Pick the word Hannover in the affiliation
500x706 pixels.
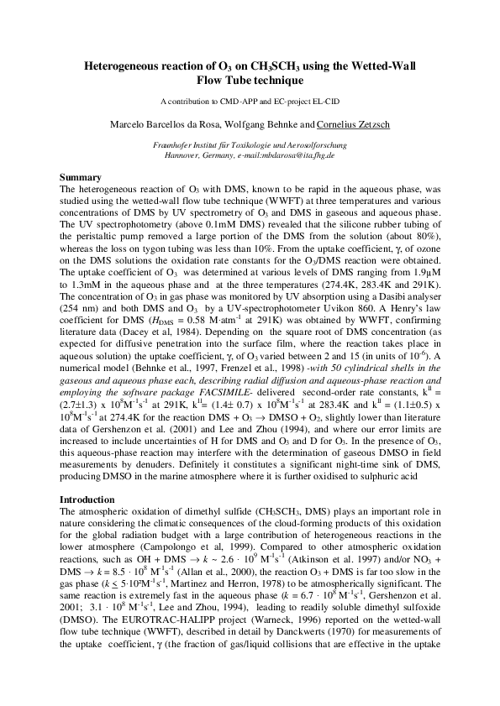click(x=182, y=155)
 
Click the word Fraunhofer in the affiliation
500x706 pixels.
click(x=185, y=145)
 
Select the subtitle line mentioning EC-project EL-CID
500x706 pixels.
click(x=250, y=102)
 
